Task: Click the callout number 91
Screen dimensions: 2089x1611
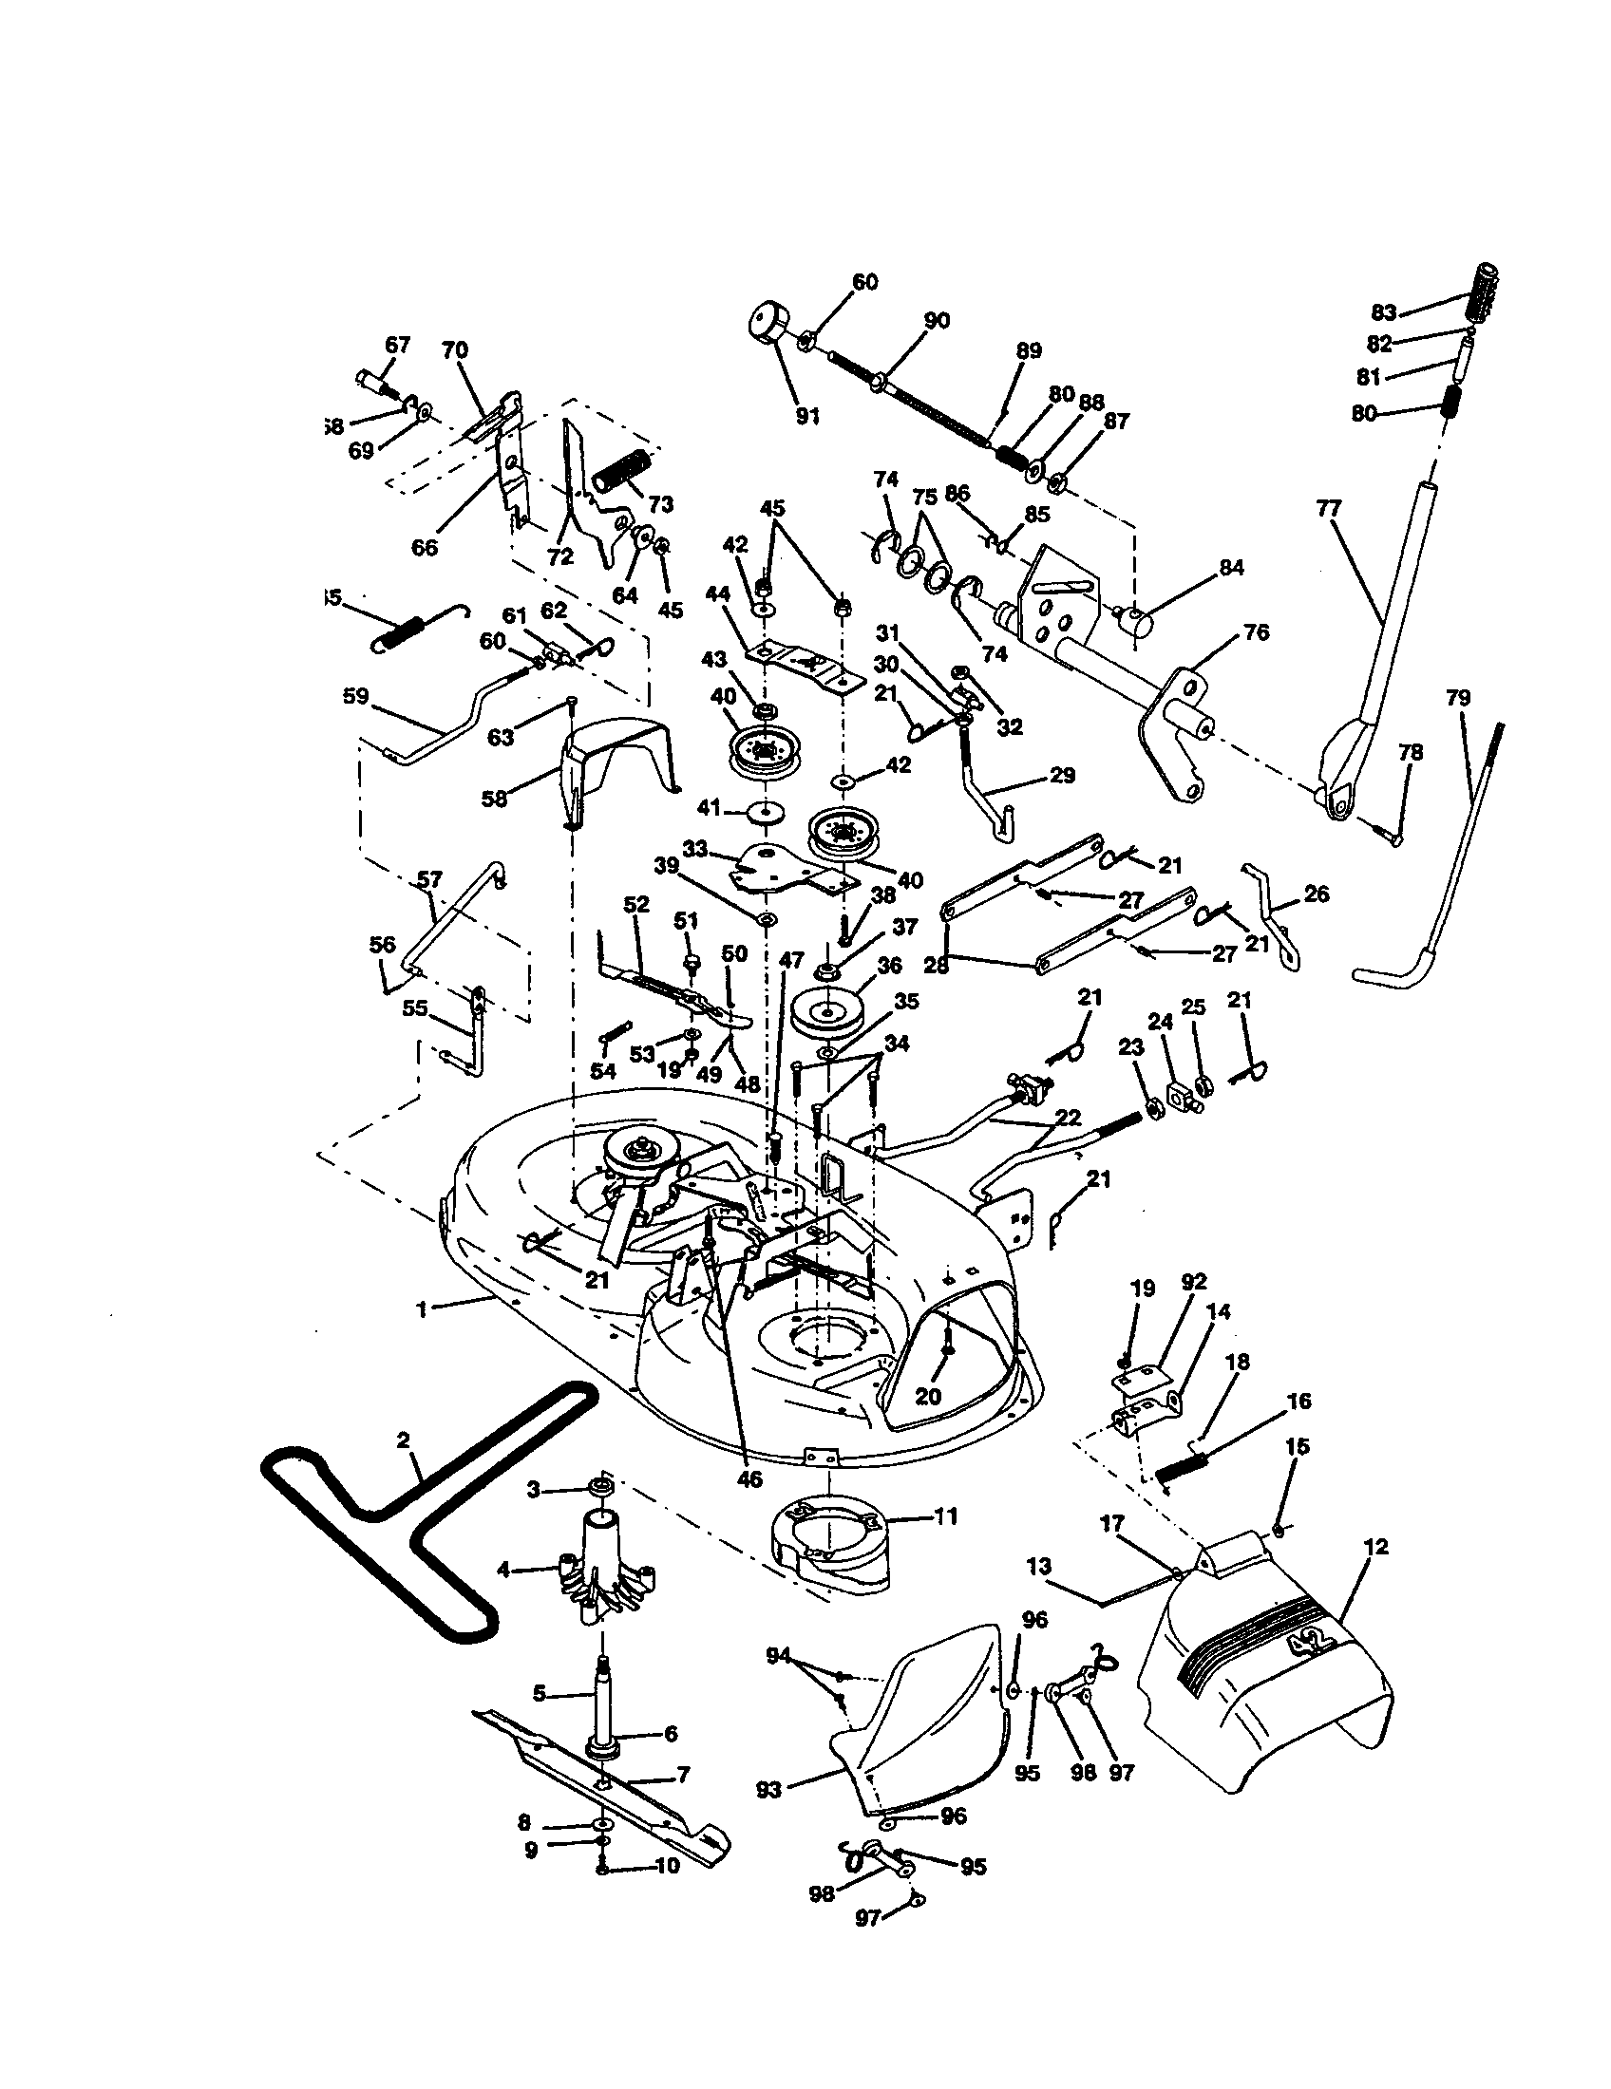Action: (808, 417)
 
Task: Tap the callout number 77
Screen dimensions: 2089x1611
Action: (1329, 509)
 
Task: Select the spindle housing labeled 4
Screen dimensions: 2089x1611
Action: (602, 1569)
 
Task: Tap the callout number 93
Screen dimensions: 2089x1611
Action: (769, 1790)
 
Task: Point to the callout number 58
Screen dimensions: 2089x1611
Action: (494, 798)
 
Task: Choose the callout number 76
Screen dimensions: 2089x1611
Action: (1256, 633)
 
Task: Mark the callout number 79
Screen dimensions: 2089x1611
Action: (1457, 698)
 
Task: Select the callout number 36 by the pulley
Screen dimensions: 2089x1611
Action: (890, 965)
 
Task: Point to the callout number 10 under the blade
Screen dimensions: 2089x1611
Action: (666, 1865)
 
